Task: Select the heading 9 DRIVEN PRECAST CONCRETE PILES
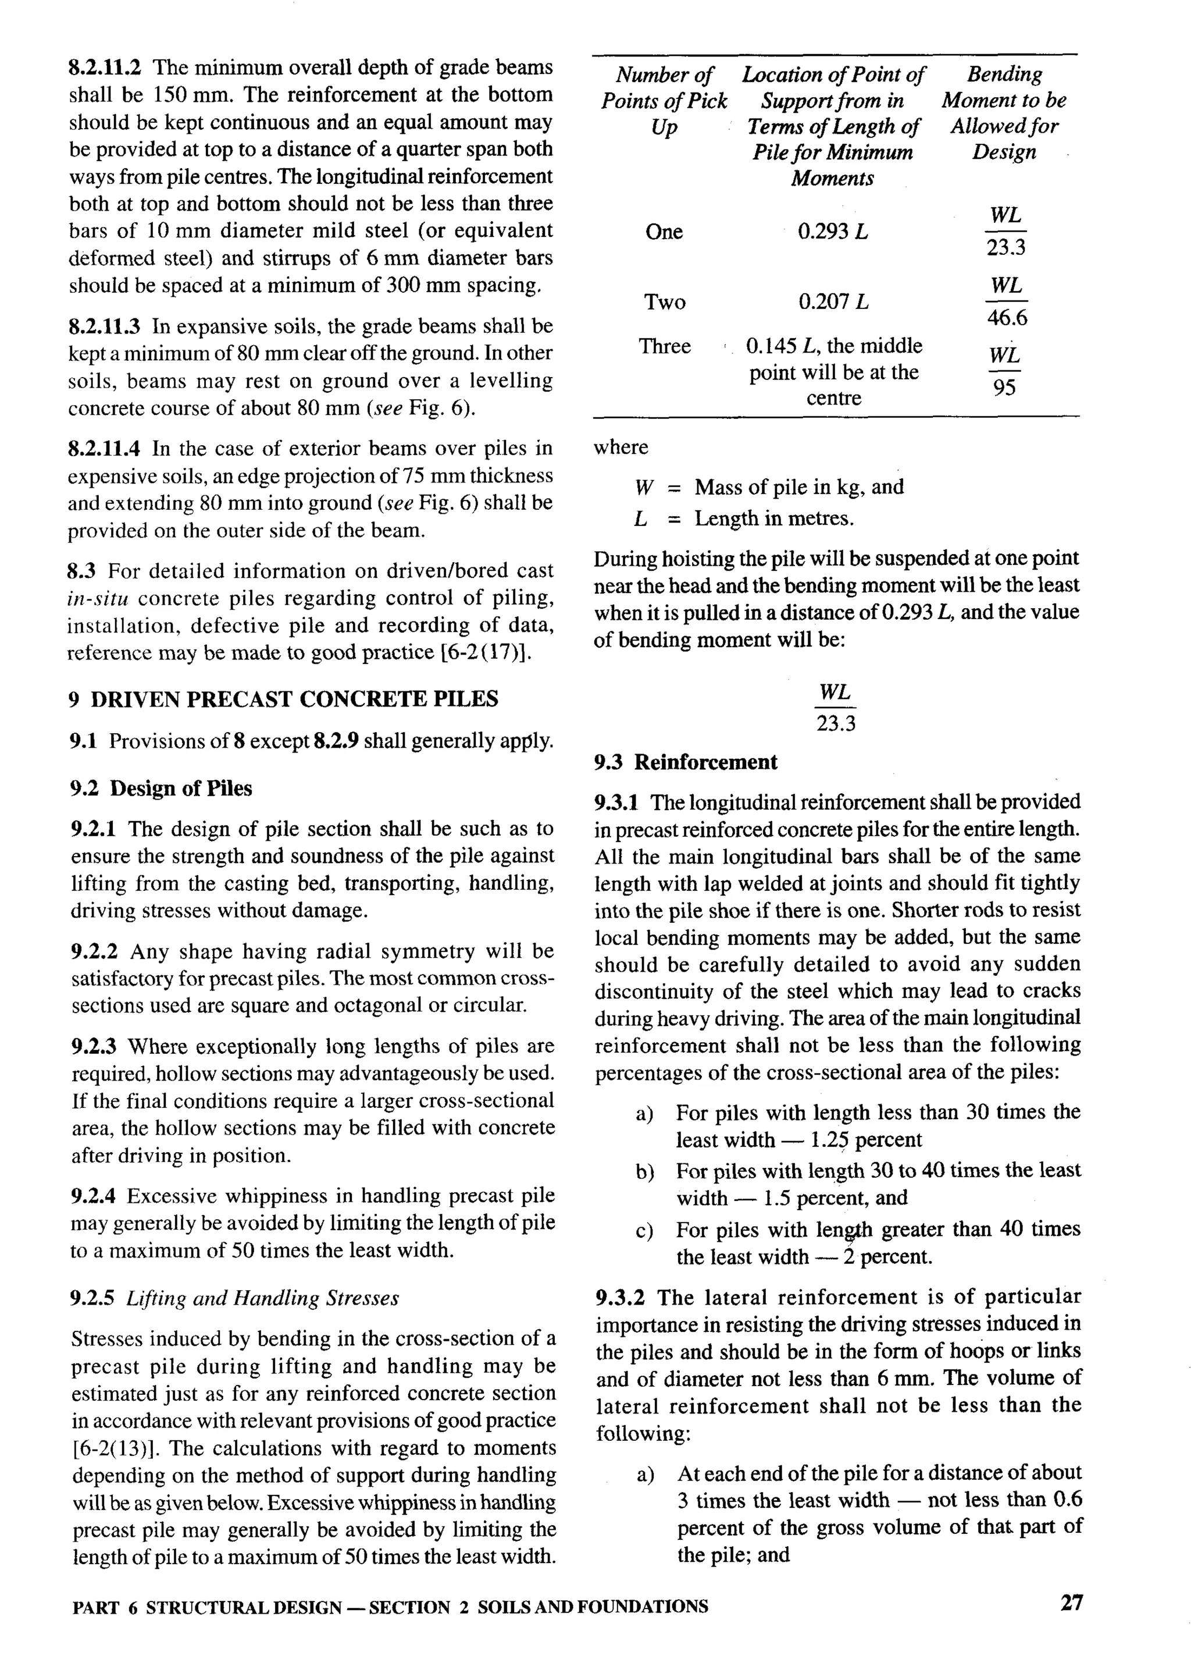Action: click(x=283, y=699)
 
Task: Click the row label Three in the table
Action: click(x=665, y=346)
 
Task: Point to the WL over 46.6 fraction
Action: click(x=1006, y=301)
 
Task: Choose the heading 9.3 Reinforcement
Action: click(x=686, y=762)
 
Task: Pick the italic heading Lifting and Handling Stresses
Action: click(x=262, y=1298)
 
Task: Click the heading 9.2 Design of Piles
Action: click(x=161, y=789)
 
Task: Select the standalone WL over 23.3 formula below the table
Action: click(x=835, y=708)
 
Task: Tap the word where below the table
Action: click(x=621, y=447)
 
